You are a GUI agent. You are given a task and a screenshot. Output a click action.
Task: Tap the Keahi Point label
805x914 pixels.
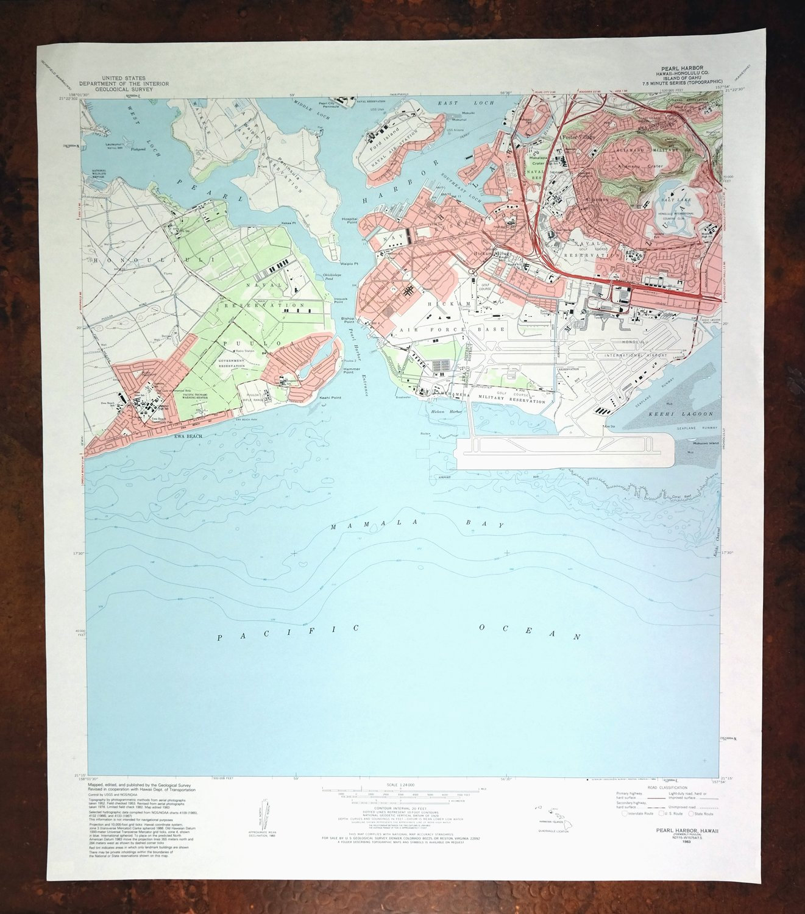[330, 398]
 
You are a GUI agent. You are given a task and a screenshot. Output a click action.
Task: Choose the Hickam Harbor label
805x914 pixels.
[447, 412]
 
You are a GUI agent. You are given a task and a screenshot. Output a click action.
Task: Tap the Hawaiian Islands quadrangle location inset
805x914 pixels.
[552, 814]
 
